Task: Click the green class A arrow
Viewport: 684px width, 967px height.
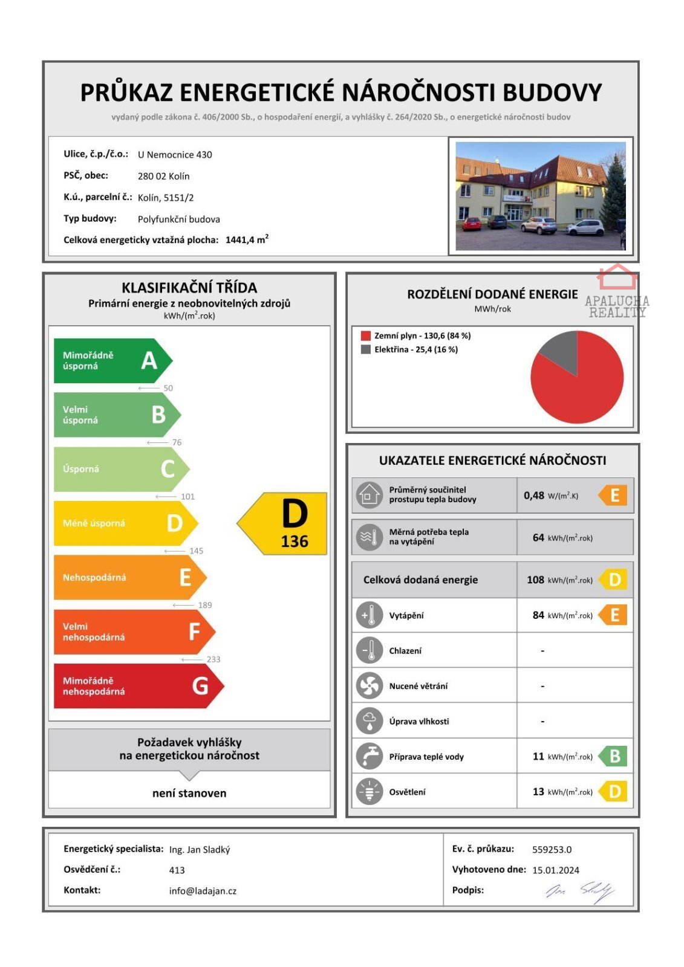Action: click(x=112, y=361)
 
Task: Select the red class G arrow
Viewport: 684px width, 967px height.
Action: click(x=137, y=686)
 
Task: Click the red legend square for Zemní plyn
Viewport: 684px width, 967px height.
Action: click(x=365, y=335)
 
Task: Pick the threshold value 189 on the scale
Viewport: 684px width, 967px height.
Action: click(x=204, y=605)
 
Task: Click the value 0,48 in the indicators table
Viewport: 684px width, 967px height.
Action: click(x=533, y=496)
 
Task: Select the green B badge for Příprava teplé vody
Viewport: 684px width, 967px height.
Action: click(x=614, y=756)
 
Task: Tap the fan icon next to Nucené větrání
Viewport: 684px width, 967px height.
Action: click(x=369, y=686)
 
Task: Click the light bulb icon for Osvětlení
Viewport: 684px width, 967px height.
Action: click(x=369, y=792)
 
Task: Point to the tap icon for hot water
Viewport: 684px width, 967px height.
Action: click(x=369, y=756)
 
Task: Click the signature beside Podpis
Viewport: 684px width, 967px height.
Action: click(x=580, y=891)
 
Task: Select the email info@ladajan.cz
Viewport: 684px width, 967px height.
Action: click(x=203, y=891)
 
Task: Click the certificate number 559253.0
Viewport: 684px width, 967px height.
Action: click(x=552, y=849)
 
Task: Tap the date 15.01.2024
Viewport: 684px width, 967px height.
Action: click(x=555, y=870)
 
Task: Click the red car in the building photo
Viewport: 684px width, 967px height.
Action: click(x=472, y=224)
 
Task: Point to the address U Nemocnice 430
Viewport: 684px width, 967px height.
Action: click(x=175, y=155)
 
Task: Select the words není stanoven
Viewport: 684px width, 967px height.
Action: click(x=189, y=793)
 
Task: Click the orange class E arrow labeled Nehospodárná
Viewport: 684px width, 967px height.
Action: click(x=129, y=578)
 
